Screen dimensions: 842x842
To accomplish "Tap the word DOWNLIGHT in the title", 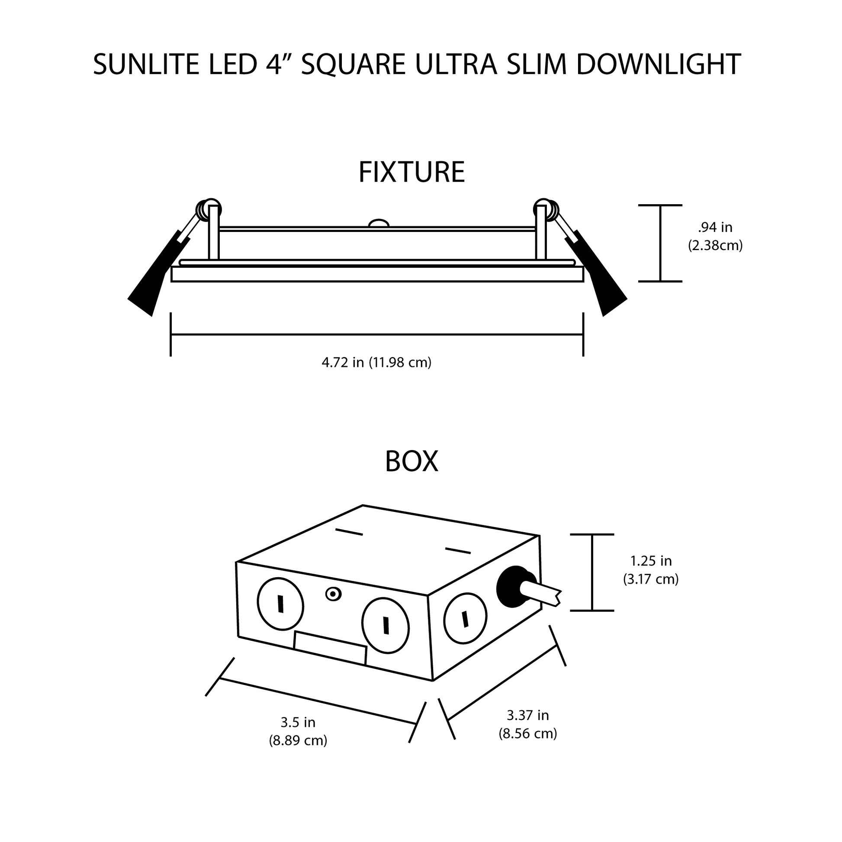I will point(658,64).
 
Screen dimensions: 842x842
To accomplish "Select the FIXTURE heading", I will point(411,172).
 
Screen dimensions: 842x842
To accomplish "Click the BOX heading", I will point(411,462).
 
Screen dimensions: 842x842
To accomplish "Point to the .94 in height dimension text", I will point(715,227).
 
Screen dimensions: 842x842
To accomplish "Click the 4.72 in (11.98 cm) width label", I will point(376,362).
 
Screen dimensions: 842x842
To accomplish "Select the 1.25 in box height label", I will point(651,560).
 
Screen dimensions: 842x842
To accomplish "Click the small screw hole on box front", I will point(334,594).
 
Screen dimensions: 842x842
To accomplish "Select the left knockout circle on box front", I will point(280,604).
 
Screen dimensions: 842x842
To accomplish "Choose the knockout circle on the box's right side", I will point(465,618).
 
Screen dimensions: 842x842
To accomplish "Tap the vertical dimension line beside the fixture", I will point(660,243).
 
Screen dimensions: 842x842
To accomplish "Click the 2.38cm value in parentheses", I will point(715,246).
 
